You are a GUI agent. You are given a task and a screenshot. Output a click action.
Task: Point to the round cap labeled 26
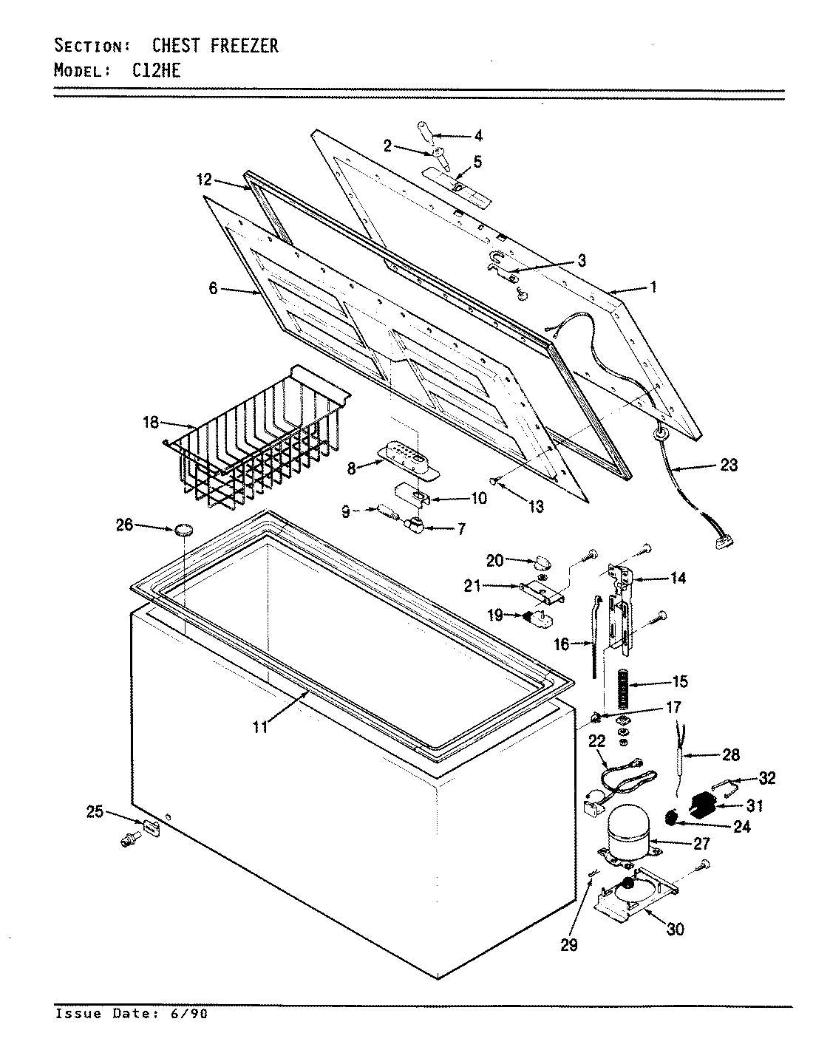tap(184, 529)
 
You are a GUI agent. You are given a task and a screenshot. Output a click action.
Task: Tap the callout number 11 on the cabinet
tap(259, 727)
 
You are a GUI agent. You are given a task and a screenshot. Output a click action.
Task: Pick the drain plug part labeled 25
tap(151, 827)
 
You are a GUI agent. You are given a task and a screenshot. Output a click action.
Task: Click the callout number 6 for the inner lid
tap(213, 289)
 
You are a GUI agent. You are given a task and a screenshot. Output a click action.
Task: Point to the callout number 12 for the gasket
tap(204, 180)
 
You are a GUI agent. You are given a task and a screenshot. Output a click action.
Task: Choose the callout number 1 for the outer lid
tap(653, 287)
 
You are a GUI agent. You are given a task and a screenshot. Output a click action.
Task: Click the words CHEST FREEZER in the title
tap(215, 46)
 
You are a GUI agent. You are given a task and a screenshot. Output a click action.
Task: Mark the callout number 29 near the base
tap(569, 944)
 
